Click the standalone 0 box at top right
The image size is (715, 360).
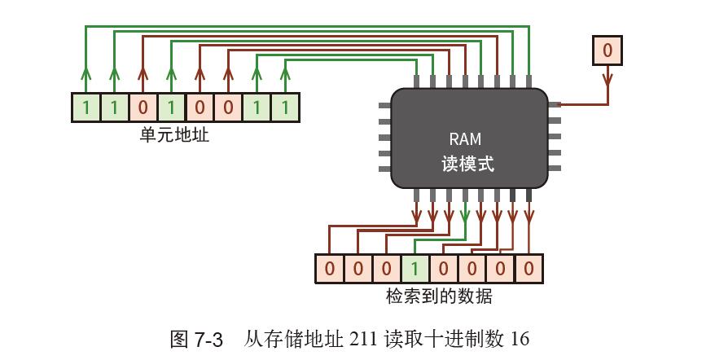(607, 51)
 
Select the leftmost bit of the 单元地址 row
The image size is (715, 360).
(86, 108)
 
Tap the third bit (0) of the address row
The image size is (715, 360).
(143, 108)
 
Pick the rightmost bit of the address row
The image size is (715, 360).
(285, 108)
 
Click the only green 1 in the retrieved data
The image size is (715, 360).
(415, 268)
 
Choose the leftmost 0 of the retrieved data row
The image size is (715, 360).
(329, 268)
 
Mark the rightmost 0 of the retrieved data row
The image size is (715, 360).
(529, 268)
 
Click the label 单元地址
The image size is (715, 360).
(174, 134)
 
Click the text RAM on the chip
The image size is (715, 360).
(465, 139)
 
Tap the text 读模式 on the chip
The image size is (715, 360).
(467, 163)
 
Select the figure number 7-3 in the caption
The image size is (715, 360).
(208, 340)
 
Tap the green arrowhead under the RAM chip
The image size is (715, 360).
(464, 216)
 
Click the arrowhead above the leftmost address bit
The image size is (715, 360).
(86, 76)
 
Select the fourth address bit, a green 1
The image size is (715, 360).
(171, 108)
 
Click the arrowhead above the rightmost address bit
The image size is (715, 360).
(285, 76)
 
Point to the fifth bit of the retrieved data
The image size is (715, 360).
(443, 268)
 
